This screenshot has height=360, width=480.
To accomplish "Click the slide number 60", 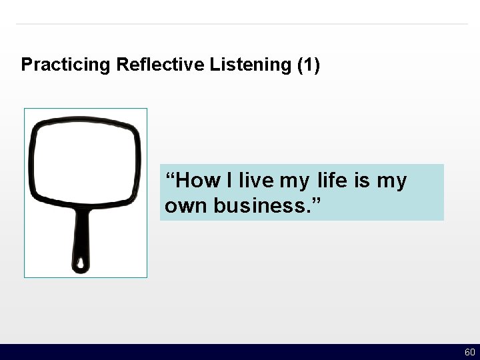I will coord(469,352).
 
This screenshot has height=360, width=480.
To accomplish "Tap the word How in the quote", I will coord(199,181).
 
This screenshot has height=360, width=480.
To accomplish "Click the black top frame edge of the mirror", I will coord(84,122).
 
